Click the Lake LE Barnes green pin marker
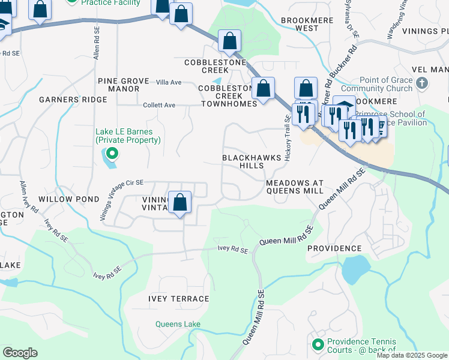[112, 154]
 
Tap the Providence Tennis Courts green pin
[318, 344]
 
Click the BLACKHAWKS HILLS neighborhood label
[243, 161]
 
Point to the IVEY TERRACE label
[180, 299]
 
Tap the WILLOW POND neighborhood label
[68, 199]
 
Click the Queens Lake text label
[178, 325]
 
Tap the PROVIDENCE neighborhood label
[334, 248]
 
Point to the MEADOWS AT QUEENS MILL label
[294, 187]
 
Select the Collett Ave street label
[159, 105]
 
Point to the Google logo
[20, 353]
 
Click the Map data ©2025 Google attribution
[412, 355]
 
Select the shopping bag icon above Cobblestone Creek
[229, 41]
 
